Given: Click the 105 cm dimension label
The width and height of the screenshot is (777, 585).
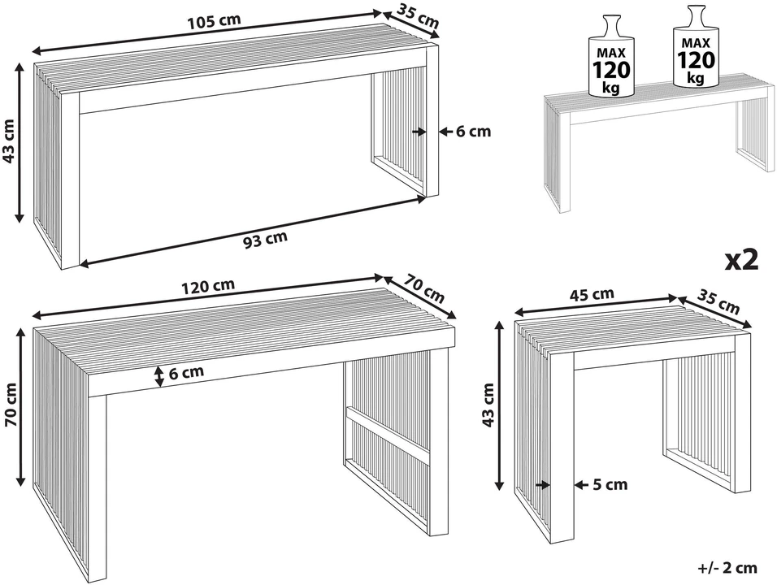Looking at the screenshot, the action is coord(214,21).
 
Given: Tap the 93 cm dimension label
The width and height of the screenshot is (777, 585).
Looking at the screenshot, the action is coord(265,239).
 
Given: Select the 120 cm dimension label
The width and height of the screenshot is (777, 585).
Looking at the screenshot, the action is coord(207,286).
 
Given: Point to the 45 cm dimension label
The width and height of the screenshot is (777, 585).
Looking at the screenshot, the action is coord(592,295).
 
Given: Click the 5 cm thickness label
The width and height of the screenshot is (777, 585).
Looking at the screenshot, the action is coord(610,484).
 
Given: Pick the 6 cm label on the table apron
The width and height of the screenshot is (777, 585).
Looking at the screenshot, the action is coord(186,372).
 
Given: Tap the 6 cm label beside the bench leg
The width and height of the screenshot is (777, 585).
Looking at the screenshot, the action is coord(473,132).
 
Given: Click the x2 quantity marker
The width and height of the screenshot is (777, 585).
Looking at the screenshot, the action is coord(742,259).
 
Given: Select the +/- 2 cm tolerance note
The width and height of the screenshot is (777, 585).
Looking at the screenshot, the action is coord(727,568).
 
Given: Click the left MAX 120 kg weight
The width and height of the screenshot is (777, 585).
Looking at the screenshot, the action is coord(610,56).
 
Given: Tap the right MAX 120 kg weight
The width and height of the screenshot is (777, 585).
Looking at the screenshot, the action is coord(696,47).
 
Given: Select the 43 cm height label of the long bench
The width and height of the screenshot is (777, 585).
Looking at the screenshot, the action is coord(10,141).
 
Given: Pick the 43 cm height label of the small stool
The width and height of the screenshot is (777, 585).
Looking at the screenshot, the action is coord(488,405).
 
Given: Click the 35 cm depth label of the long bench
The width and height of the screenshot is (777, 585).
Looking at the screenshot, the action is coord(419,16).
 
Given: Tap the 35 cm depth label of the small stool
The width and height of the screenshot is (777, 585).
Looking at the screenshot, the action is coord(719,301).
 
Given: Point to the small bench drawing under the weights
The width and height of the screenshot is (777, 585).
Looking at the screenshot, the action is coord(659,144).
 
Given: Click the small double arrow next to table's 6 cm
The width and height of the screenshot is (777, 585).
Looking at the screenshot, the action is coord(158,376).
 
